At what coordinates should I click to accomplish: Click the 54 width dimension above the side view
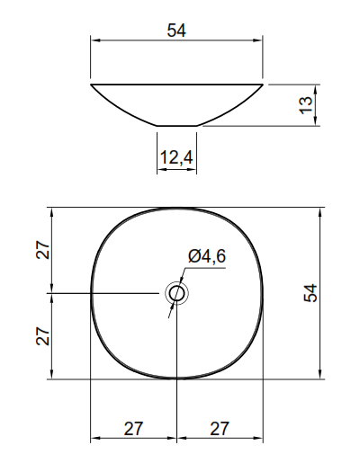(x=176, y=31)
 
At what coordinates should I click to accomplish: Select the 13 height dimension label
(x=305, y=105)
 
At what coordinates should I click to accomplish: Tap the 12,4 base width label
(x=176, y=157)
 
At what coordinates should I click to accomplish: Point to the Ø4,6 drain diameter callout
(x=207, y=256)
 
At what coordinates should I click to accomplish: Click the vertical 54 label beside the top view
(x=310, y=293)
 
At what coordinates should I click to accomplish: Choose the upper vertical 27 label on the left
(x=42, y=250)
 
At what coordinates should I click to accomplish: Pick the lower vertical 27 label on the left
(x=42, y=336)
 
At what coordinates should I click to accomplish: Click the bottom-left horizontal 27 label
(x=133, y=428)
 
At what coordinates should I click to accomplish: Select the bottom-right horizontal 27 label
(x=220, y=428)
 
